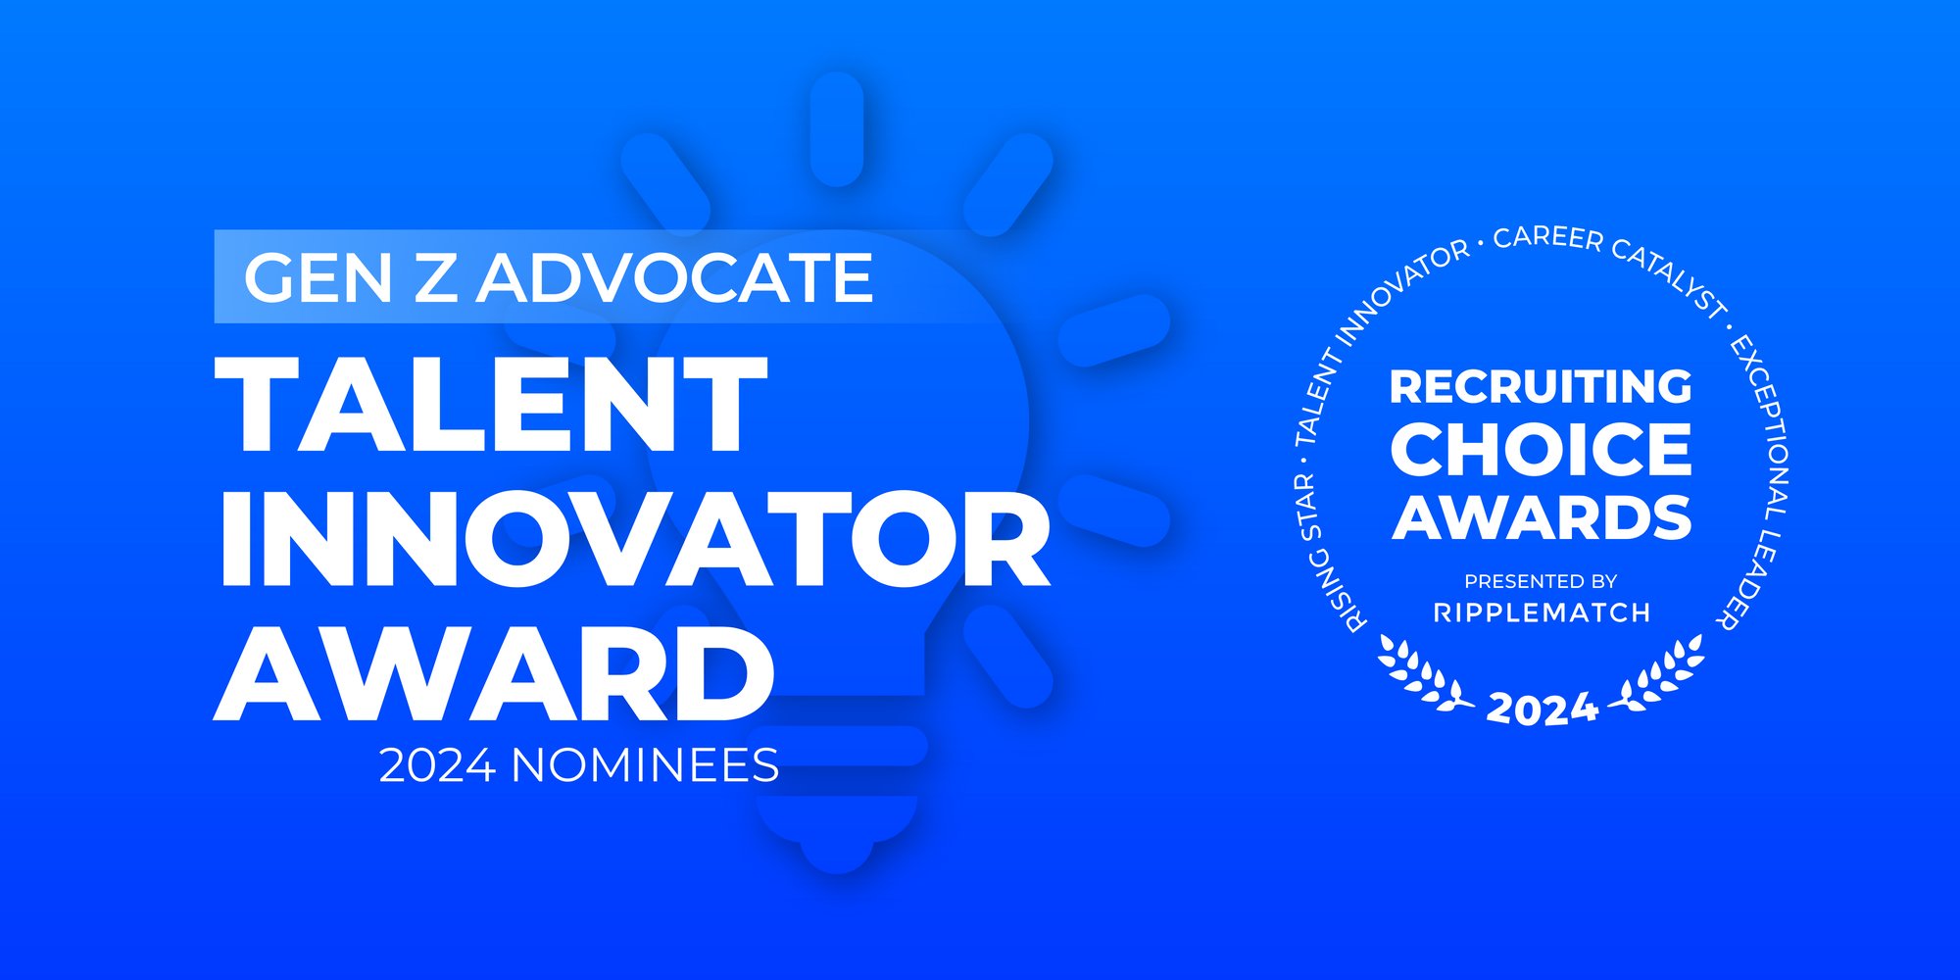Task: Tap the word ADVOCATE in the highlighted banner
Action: pos(675,277)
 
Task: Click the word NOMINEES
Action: pos(645,765)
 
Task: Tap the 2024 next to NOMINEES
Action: pos(437,765)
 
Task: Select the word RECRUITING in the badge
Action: pos(1541,386)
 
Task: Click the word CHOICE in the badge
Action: pos(1541,450)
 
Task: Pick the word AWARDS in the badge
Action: pos(1542,517)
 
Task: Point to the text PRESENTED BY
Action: pos(1541,581)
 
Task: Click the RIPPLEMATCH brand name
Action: pos(1542,612)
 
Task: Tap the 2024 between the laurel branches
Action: pos(1542,709)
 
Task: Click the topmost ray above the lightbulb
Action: pos(837,128)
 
